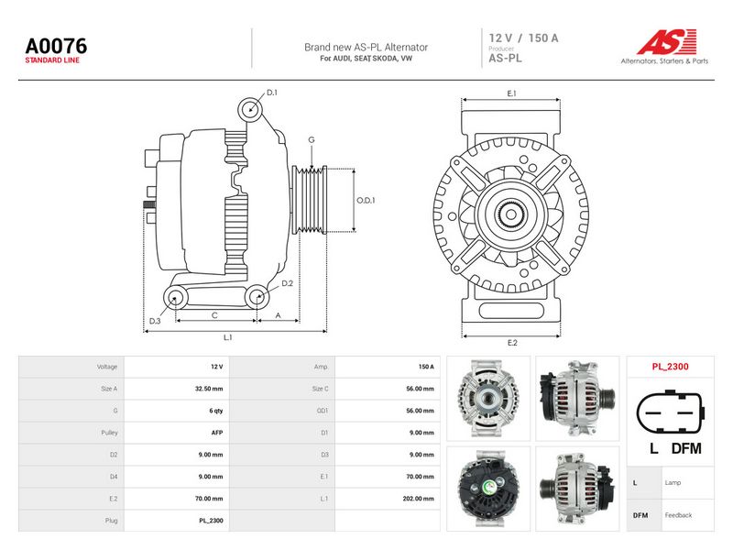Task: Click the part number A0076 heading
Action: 56,47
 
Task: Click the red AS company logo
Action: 667,41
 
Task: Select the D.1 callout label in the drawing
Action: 271,93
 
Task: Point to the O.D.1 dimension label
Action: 366,200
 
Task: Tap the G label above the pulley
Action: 312,139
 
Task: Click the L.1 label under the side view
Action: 227,337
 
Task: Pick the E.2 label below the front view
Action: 512,343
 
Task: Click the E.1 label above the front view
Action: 512,93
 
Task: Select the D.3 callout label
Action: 155,321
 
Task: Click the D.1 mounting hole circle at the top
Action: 250,110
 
